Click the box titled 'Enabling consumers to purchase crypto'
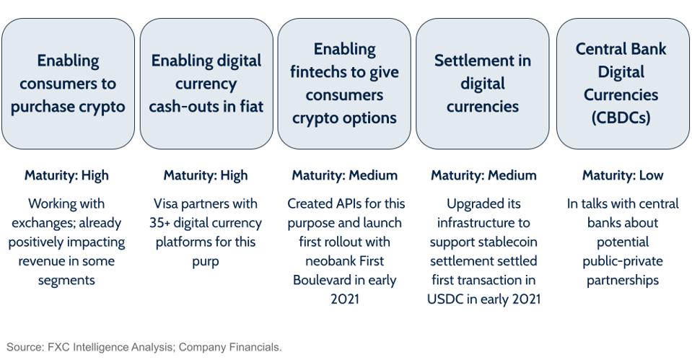click(68, 84)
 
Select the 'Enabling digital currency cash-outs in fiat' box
click(206, 84)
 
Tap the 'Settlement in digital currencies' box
click(482, 84)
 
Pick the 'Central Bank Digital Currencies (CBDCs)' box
click(622, 84)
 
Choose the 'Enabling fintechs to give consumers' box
click(344, 84)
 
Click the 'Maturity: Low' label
click(622, 175)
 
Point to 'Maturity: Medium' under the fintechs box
click(344, 175)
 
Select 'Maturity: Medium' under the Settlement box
click(483, 175)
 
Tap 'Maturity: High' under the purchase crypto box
click(66, 175)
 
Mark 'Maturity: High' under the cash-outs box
click(206, 175)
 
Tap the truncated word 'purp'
click(206, 261)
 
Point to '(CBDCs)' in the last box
click(622, 118)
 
